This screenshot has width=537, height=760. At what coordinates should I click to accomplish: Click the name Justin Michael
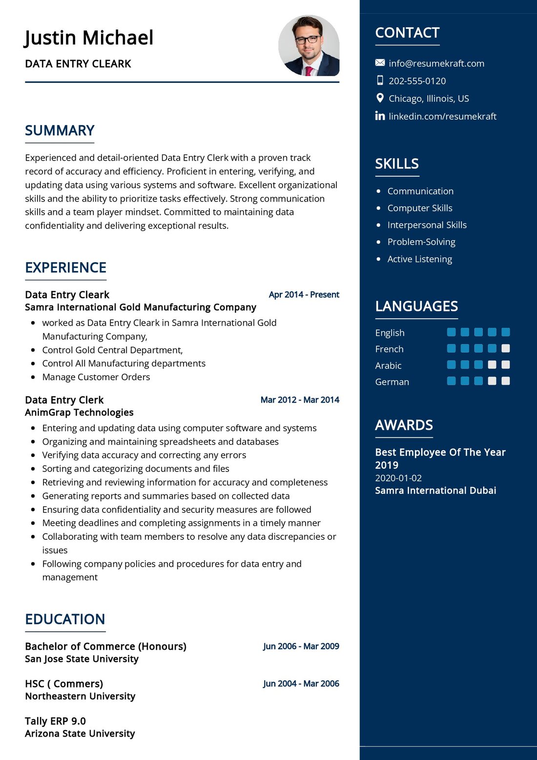[89, 38]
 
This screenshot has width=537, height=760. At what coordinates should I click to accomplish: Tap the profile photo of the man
[309, 45]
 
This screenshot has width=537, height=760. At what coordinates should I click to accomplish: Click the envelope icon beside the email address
[380, 62]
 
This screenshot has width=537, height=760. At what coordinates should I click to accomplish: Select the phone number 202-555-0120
[417, 81]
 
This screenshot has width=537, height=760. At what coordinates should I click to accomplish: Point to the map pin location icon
[380, 98]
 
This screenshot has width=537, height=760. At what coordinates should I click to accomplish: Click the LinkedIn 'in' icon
[380, 116]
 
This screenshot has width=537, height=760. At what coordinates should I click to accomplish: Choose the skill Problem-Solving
[421, 242]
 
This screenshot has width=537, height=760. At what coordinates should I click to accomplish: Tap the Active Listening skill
[419, 259]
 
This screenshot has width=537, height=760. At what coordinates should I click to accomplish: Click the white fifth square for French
[506, 349]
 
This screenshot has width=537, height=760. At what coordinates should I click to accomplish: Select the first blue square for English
[451, 332]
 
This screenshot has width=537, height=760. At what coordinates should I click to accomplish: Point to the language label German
[392, 382]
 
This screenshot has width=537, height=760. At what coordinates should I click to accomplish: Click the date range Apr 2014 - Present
[304, 295]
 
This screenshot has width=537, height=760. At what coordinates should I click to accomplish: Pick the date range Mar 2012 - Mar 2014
[300, 400]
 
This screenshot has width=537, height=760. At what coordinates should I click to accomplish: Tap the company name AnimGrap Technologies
[79, 412]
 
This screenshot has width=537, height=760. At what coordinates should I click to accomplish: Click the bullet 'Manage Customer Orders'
[96, 377]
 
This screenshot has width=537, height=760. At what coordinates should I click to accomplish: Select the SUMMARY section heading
[60, 131]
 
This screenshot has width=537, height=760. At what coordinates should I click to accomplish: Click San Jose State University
[82, 659]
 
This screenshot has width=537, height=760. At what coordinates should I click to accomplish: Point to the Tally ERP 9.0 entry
[55, 721]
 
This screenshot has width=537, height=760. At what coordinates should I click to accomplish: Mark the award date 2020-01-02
[398, 478]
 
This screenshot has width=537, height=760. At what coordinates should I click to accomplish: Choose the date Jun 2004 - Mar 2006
[301, 684]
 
